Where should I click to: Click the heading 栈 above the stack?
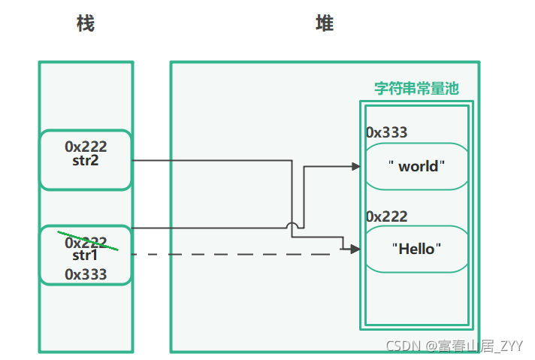(x=86, y=24)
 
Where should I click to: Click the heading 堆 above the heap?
(x=325, y=24)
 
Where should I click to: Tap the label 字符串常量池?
(x=416, y=89)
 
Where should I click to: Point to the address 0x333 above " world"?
(x=386, y=133)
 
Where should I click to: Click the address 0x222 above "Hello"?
(x=386, y=216)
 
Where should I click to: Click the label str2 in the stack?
(x=86, y=160)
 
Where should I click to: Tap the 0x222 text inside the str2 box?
(x=86, y=147)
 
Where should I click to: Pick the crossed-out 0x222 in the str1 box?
(x=86, y=243)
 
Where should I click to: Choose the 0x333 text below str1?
(x=86, y=274)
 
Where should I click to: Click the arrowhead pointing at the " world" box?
(x=356, y=166)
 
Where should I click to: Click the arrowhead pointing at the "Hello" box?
(x=356, y=249)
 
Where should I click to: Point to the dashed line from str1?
(x=233, y=255)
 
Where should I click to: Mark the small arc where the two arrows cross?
(x=293, y=225)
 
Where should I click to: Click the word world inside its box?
(x=418, y=166)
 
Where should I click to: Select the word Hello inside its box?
(x=416, y=249)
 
